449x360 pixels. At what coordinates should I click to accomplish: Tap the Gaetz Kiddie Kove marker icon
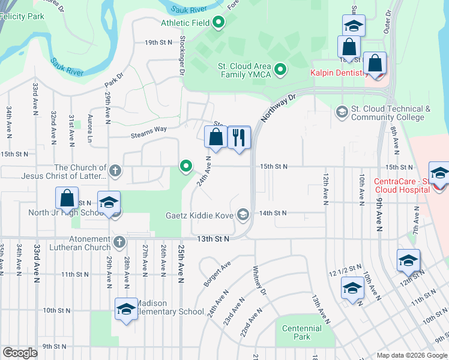(x=243, y=214)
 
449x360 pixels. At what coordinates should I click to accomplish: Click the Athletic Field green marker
(x=218, y=23)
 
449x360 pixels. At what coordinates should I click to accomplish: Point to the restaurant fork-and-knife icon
(x=239, y=137)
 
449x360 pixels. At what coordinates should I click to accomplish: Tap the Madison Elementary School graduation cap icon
(x=126, y=309)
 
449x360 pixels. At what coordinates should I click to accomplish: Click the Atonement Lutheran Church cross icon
(x=119, y=242)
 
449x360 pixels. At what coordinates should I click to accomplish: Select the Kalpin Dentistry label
(x=339, y=73)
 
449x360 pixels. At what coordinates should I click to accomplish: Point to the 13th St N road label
(x=214, y=239)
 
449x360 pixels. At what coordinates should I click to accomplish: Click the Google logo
(x=20, y=353)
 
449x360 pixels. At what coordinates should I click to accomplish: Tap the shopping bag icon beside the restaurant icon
(x=215, y=137)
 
